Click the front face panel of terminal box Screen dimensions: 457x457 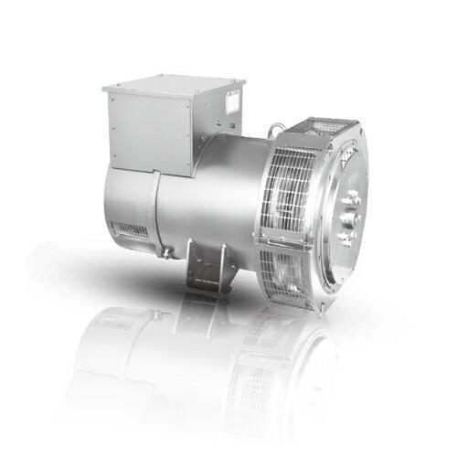[146, 128]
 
